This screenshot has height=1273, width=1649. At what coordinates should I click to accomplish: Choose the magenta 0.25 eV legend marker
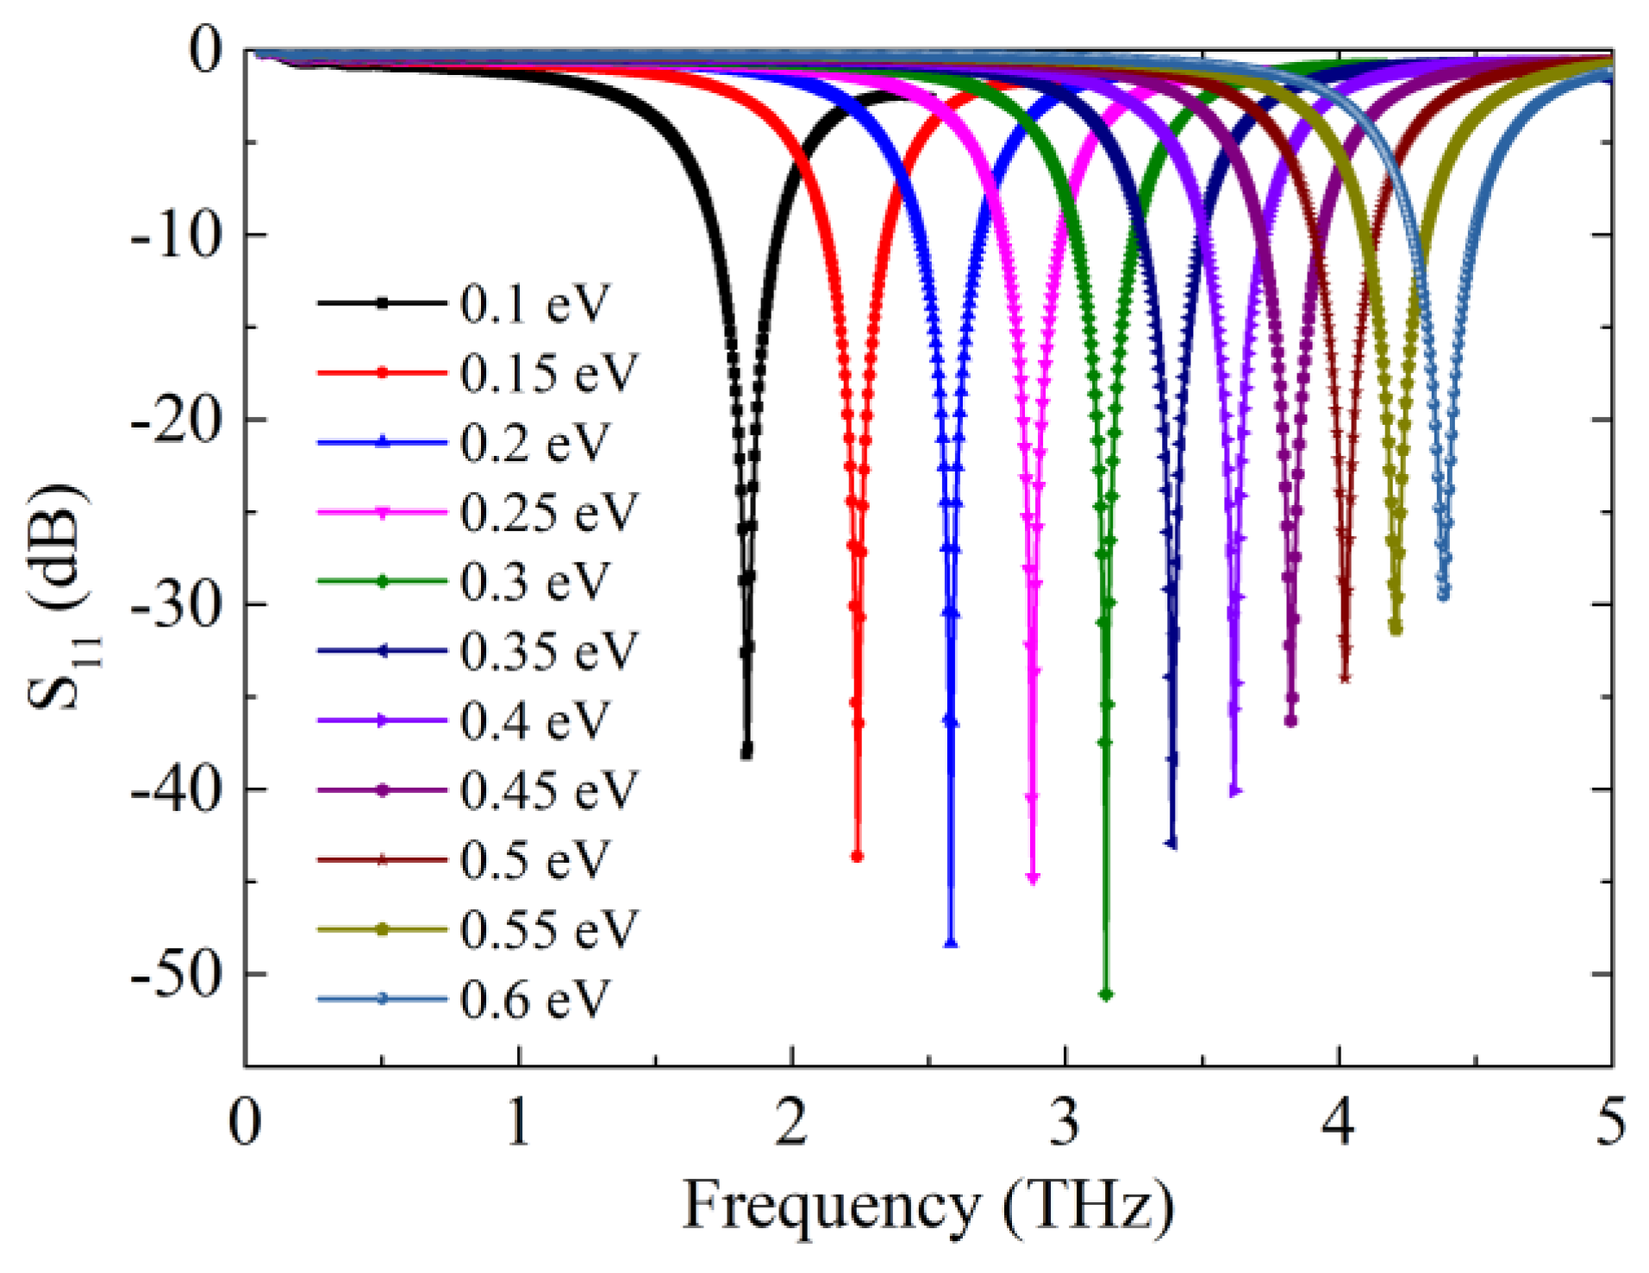tap(383, 512)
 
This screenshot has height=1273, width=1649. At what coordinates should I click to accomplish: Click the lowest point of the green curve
tap(1106, 995)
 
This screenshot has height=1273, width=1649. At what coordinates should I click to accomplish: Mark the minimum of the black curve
tap(746, 752)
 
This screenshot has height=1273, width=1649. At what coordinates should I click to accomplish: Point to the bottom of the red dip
tap(857, 856)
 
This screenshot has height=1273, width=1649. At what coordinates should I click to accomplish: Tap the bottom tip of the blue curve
tap(951, 943)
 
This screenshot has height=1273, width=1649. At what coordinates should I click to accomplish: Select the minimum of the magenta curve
tap(1034, 878)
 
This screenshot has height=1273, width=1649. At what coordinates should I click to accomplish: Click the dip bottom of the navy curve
tap(1171, 844)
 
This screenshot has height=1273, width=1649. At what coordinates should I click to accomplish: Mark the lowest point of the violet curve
tap(1234, 790)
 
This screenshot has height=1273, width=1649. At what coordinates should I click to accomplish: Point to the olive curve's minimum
tap(1396, 630)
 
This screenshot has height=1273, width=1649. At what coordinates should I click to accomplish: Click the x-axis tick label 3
tap(1065, 1124)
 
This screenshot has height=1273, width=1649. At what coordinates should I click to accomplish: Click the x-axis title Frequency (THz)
tap(928, 1207)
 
